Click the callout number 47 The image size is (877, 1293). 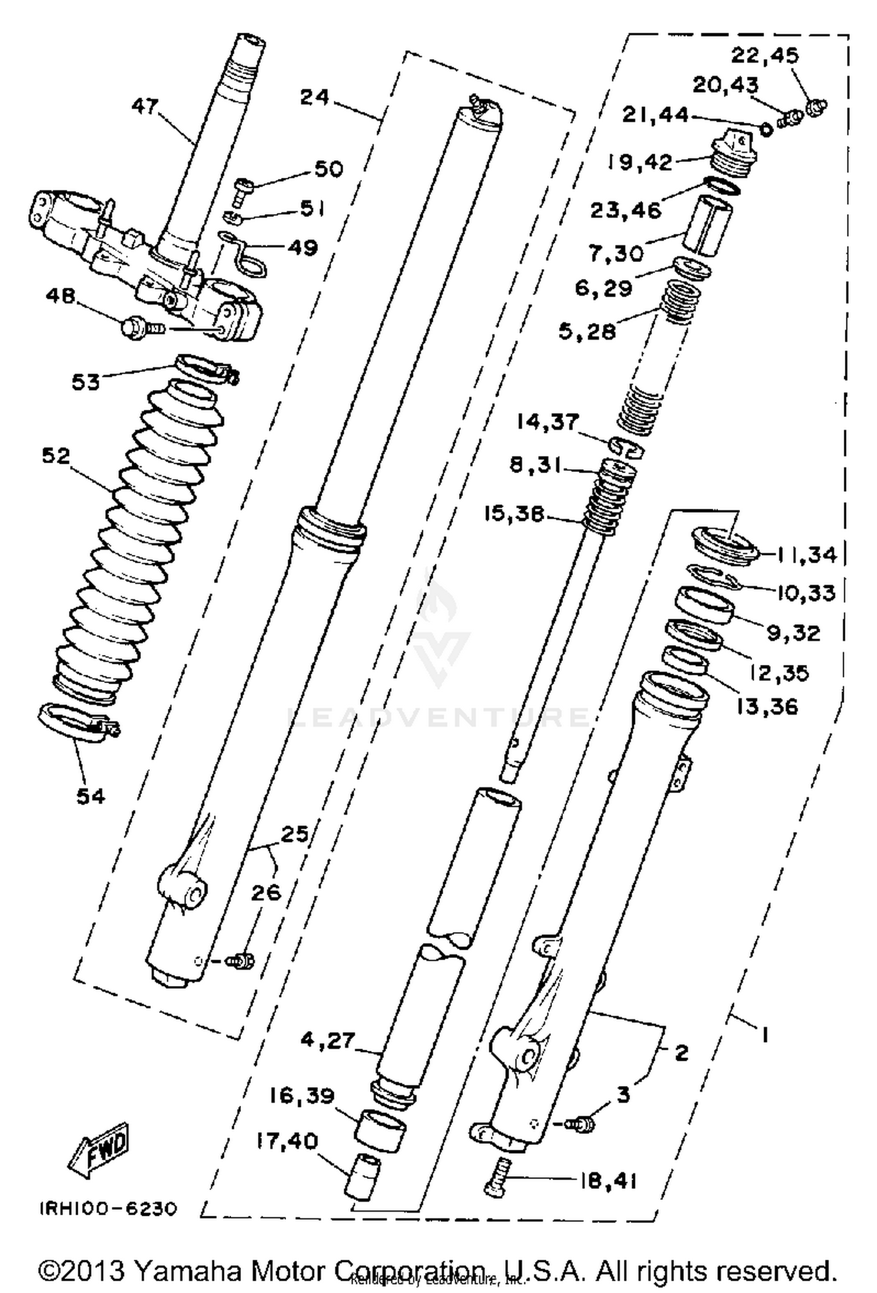[x=144, y=106]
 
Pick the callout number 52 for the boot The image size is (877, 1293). [x=56, y=456]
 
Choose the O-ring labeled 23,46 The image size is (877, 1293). [x=723, y=187]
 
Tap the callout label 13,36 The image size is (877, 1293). [x=766, y=706]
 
